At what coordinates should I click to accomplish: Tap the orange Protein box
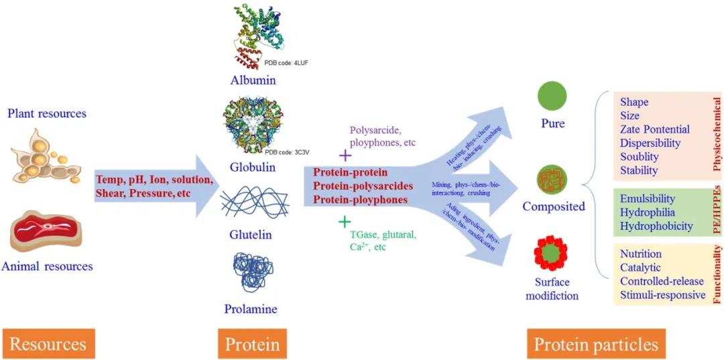tap(252, 344)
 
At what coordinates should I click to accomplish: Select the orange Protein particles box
tap(595, 344)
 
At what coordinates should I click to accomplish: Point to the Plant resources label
tap(47, 113)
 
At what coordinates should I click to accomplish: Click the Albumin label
tap(253, 80)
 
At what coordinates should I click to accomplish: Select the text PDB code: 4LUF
tap(286, 62)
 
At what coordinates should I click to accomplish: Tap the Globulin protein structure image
tap(252, 127)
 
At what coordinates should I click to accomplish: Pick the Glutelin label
tap(252, 235)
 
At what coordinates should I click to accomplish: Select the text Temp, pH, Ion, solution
tap(155, 181)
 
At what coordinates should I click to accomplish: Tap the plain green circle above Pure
tap(552, 95)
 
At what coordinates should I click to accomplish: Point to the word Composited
tap(554, 206)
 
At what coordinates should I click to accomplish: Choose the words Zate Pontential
tap(654, 129)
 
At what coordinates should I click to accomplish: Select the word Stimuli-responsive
tap(662, 295)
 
